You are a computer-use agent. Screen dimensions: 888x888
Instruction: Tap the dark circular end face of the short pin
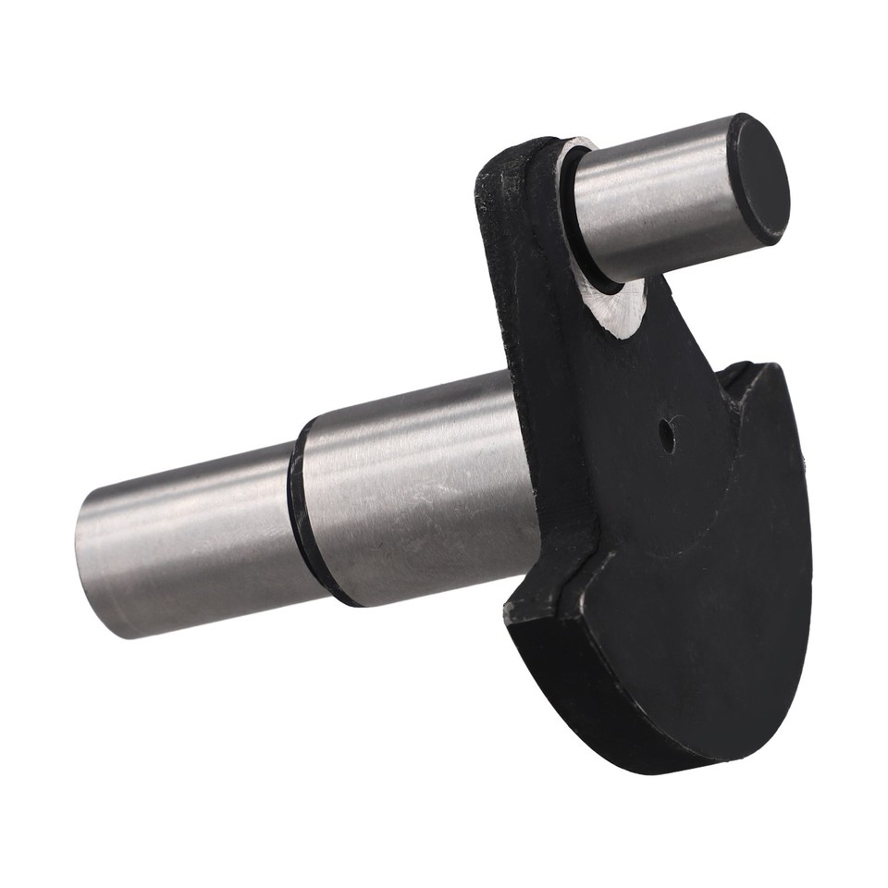click(x=758, y=179)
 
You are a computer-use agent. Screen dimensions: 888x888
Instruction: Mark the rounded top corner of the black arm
click(x=499, y=162)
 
